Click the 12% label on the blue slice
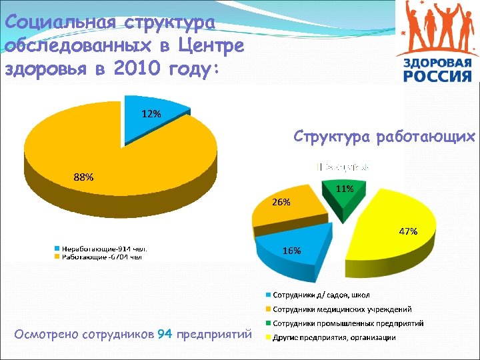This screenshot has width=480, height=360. coord(151,113)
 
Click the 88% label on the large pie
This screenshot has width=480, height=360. coord(83,177)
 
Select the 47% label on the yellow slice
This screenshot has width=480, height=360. coord(408,231)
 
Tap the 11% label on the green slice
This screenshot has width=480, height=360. coord(345,189)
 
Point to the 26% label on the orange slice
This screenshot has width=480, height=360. coord(281,202)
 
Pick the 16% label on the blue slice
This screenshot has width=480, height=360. coord(291,251)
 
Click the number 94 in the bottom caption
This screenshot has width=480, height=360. coord(165,334)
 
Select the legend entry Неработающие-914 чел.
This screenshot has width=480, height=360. coord(104,249)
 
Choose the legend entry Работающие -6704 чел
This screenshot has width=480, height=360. coord(102,256)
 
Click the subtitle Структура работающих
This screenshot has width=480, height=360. coord(385,137)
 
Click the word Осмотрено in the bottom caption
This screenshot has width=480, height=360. coord(45,334)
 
